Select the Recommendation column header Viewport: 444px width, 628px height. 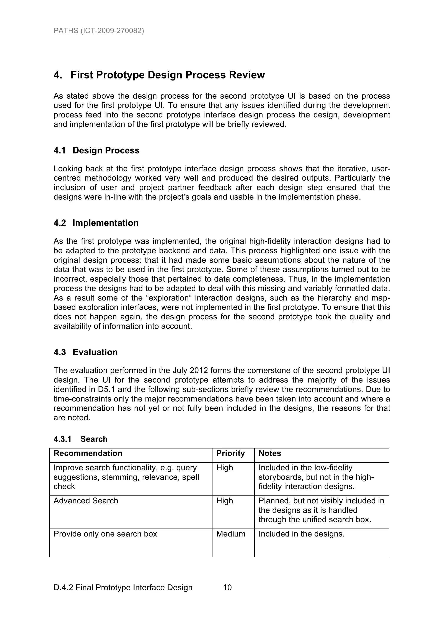tap(88, 453)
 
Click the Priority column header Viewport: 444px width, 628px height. tap(230, 453)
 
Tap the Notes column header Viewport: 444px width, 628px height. tap(270, 453)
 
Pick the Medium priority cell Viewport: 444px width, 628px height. tap(231, 534)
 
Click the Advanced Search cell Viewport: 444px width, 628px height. tap(86, 501)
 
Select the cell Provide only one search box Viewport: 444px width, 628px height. tap(105, 534)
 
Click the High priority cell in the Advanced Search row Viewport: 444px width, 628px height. tap(225, 501)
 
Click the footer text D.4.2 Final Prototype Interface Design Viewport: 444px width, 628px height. tap(123, 587)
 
